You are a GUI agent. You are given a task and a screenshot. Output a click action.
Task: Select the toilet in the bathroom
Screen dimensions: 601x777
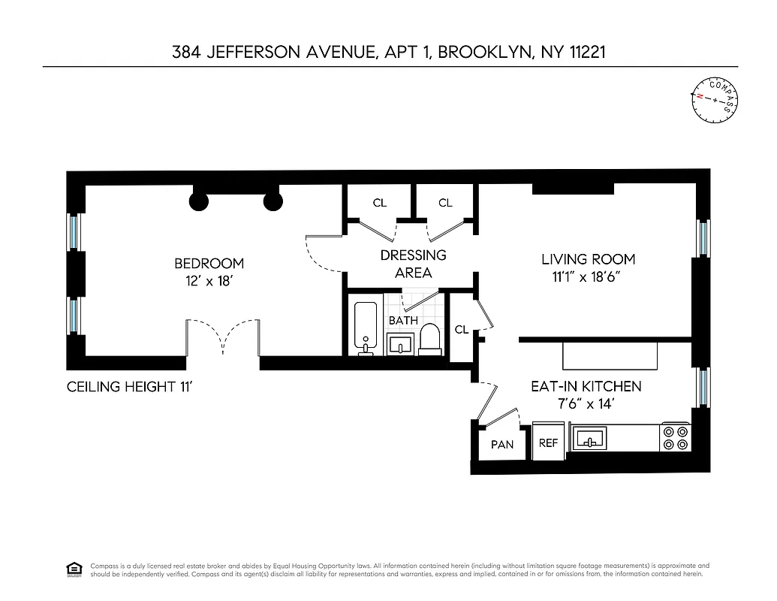coord(430,339)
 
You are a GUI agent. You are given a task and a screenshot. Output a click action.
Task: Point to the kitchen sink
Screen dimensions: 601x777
coord(590,438)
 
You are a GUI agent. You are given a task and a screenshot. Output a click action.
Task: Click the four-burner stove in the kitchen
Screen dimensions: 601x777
coord(675,438)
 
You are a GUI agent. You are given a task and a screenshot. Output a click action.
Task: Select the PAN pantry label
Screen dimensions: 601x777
coord(502,444)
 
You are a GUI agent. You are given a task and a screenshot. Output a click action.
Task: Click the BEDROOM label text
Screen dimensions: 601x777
coord(209,264)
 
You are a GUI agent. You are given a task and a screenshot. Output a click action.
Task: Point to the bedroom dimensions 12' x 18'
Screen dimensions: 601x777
coord(209,281)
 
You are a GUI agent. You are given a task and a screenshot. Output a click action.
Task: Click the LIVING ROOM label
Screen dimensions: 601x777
coord(588,259)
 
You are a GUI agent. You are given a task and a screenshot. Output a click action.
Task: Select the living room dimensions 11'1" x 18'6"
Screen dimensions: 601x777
coord(588,276)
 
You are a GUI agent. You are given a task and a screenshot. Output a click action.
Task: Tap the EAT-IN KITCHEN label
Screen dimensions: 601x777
coord(586,386)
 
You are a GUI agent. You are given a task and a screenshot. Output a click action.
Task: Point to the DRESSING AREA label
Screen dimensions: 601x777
coord(413,264)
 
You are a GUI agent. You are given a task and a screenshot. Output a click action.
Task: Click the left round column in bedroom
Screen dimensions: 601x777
coord(198,201)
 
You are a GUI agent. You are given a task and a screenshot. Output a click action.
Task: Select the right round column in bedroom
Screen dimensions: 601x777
coord(273,201)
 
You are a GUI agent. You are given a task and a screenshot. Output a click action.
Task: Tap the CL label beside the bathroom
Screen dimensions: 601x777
coord(462,329)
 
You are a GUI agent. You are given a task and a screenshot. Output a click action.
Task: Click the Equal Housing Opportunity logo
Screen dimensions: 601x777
coord(74,569)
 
